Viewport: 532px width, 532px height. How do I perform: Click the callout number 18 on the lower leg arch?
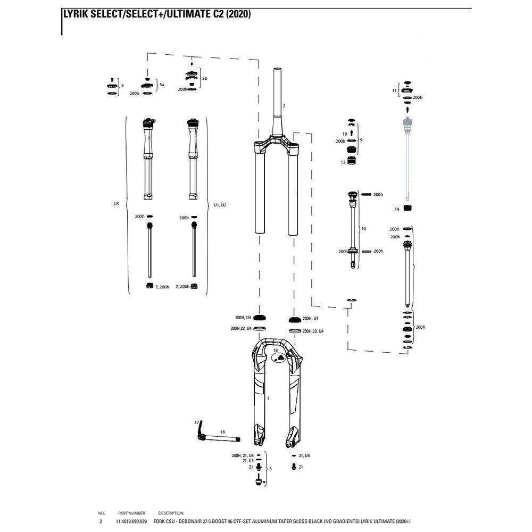coord(276,351)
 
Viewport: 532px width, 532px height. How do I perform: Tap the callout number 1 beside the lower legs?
coord(269,398)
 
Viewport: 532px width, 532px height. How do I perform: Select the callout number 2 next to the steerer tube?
coord(284,106)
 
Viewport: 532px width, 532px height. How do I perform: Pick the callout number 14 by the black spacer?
coord(396,210)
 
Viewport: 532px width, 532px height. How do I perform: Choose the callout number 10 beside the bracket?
coord(364,228)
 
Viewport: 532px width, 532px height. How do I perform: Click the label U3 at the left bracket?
coord(116,204)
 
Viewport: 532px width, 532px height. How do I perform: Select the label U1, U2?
coord(220,204)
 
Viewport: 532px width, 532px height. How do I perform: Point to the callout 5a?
coord(162,84)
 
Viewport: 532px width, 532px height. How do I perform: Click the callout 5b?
coord(205,78)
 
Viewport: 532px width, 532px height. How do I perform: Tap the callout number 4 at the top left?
coord(122,85)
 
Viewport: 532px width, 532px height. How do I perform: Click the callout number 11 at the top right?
coord(394,91)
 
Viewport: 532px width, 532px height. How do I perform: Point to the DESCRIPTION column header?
coord(171,513)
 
